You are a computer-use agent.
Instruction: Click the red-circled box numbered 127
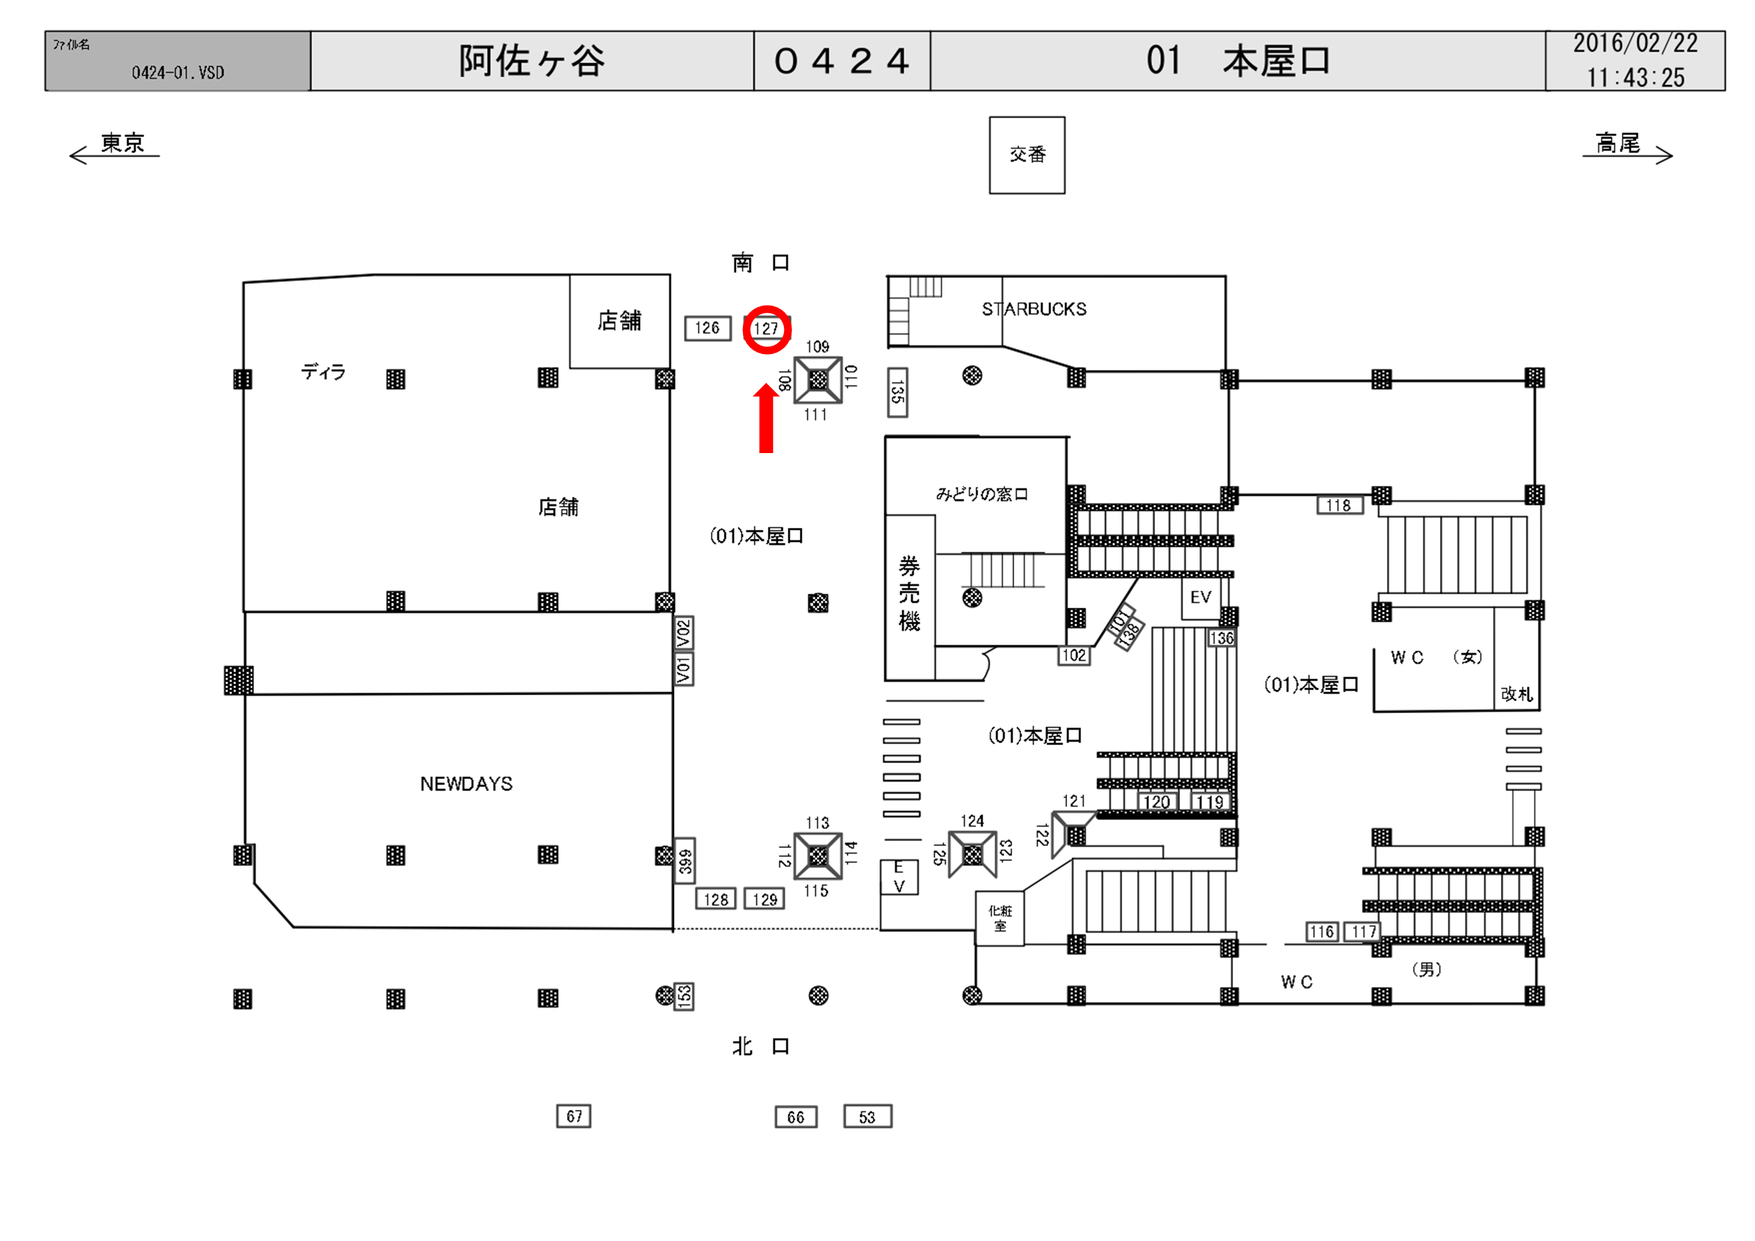coord(767,328)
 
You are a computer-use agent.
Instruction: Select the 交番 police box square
coord(1027,155)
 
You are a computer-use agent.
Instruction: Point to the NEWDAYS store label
coord(466,783)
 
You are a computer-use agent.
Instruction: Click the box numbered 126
coord(707,328)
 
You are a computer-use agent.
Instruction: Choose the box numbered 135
coord(898,393)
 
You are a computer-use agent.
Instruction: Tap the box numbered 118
coord(1339,505)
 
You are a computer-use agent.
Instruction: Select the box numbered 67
coord(573,1116)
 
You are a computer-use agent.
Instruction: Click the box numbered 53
coord(867,1116)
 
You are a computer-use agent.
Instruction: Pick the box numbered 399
coord(685,860)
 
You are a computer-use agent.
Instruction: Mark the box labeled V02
coord(683,633)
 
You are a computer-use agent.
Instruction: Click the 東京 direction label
coord(122,143)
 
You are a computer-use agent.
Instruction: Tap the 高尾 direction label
coord(1618,143)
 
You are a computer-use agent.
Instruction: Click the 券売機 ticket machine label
coord(909,593)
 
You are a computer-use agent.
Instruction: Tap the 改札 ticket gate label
coord(1517,694)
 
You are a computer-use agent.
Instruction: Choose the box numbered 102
coord(1074,655)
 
